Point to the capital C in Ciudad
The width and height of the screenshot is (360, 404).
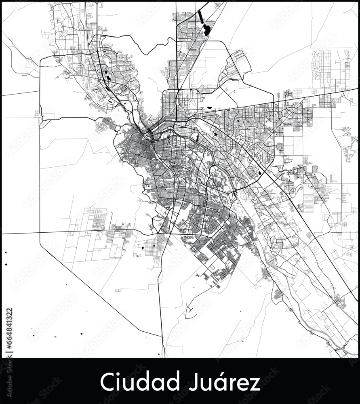click(x=106, y=382)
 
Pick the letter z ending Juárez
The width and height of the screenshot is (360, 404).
click(x=256, y=383)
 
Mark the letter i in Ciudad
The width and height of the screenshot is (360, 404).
click(x=117, y=382)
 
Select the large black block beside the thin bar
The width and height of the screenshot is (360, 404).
click(x=207, y=30)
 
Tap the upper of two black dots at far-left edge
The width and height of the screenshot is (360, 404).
click(x=6, y=253)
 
